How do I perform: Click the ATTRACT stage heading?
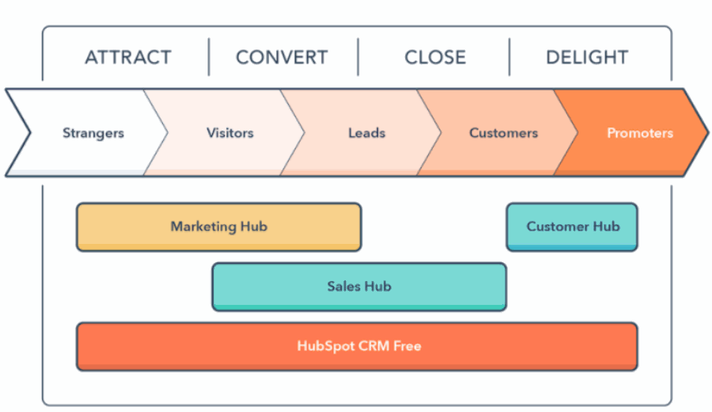tap(128, 58)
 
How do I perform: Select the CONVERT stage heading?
tap(282, 58)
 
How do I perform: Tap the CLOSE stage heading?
tap(435, 58)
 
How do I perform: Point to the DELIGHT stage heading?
tap(587, 58)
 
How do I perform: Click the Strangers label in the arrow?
tap(93, 133)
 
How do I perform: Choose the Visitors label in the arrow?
tap(230, 133)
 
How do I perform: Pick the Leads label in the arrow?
tap(367, 133)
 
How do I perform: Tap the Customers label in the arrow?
tap(504, 133)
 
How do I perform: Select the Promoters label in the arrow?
tap(640, 133)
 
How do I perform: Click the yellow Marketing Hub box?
tap(219, 227)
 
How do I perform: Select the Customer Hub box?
tap(572, 227)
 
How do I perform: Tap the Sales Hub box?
tap(359, 287)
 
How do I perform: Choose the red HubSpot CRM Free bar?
tap(357, 347)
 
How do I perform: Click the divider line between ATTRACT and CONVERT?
tap(209, 57)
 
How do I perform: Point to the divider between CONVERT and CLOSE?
tap(358, 57)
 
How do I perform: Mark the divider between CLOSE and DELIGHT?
tap(510, 57)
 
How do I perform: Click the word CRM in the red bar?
tap(374, 346)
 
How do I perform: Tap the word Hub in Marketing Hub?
tap(254, 226)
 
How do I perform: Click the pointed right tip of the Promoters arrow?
tap(707, 133)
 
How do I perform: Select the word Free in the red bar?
tap(407, 346)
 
